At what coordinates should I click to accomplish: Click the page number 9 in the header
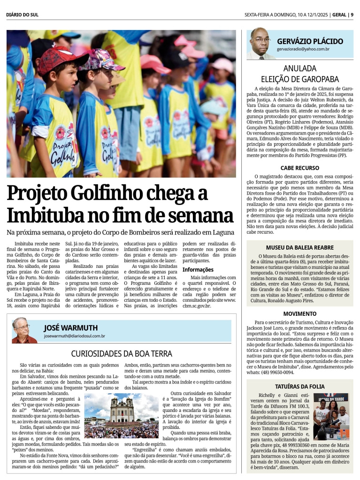(x=352, y=15)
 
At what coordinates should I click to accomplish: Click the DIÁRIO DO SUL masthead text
(x=23, y=15)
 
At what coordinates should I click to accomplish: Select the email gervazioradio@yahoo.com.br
(x=303, y=49)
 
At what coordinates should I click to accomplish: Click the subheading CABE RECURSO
(x=299, y=168)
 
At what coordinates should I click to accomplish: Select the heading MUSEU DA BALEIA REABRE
(x=299, y=247)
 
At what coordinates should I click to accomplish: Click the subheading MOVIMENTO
(x=299, y=313)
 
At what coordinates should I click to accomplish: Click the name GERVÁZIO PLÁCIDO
(x=309, y=41)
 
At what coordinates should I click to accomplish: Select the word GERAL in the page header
(x=339, y=15)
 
